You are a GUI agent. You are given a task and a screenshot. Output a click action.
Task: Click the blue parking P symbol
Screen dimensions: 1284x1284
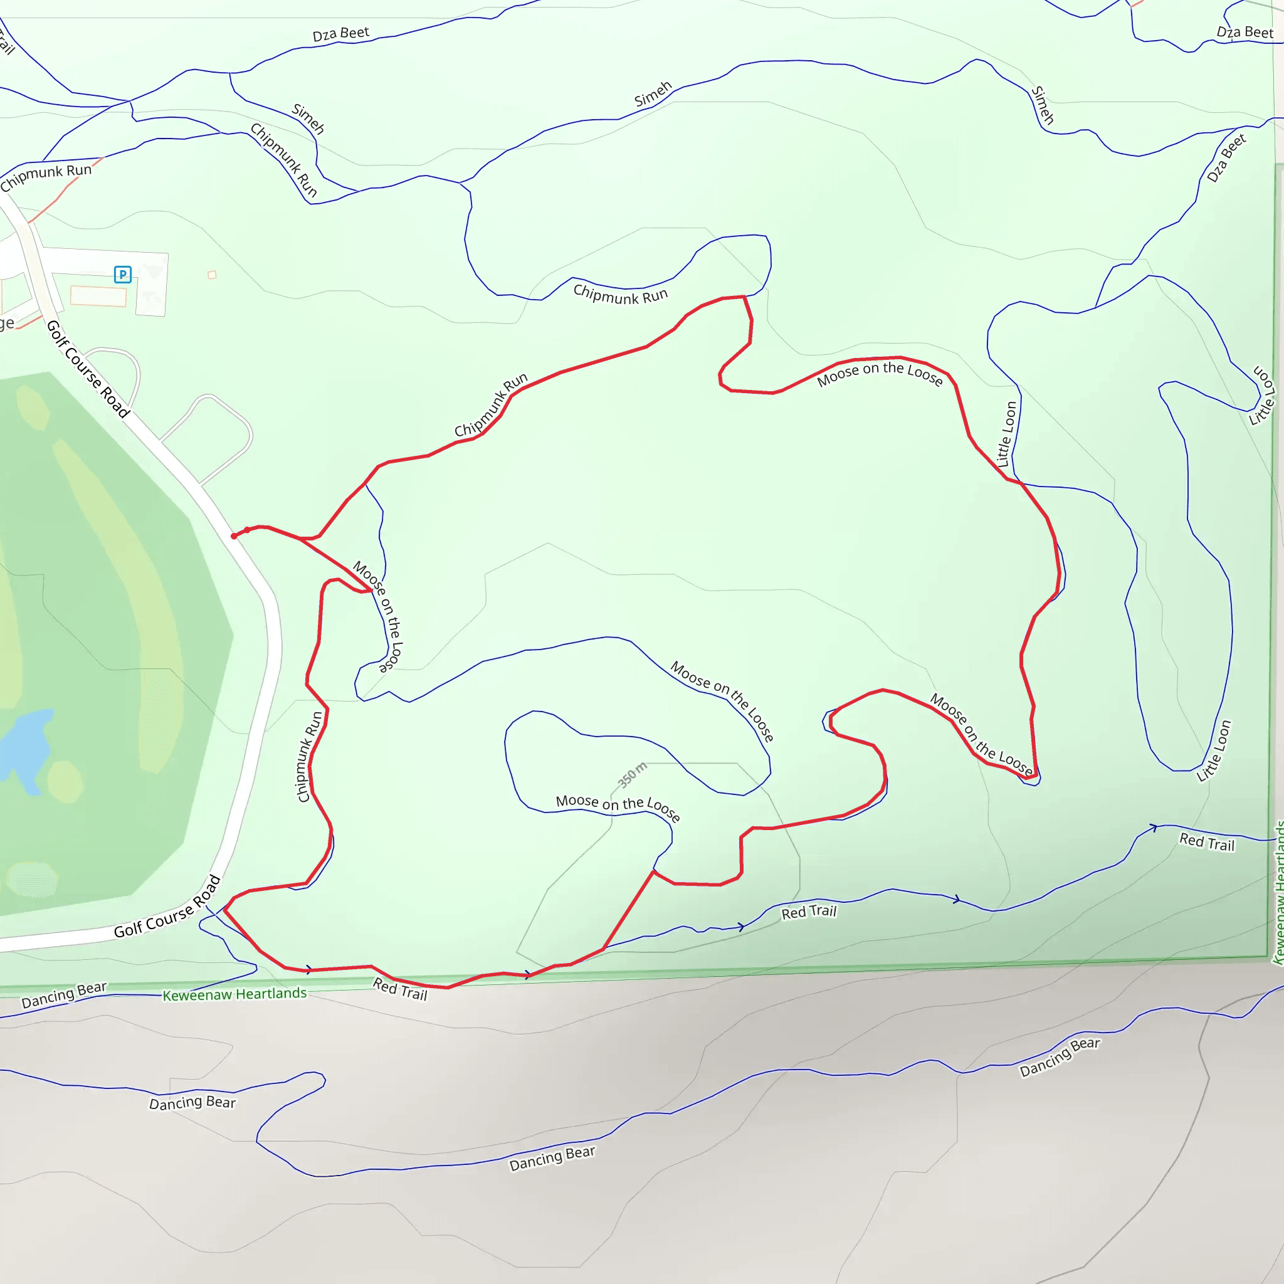tap(123, 274)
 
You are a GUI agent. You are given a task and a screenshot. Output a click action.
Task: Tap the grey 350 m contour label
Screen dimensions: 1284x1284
tap(632, 775)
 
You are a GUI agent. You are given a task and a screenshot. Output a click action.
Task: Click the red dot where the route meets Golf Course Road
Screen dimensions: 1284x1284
tap(233, 536)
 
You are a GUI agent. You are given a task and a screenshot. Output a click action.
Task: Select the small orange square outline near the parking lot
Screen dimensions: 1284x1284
tap(212, 275)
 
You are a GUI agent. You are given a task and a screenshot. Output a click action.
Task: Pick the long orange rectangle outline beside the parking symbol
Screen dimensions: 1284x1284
tap(98, 296)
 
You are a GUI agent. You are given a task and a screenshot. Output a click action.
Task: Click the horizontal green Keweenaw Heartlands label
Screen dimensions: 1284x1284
tap(234, 994)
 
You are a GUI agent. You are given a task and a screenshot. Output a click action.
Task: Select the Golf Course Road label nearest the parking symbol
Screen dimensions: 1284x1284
tap(87, 369)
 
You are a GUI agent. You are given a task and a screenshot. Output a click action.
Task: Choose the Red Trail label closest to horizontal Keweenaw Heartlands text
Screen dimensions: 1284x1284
tap(400, 989)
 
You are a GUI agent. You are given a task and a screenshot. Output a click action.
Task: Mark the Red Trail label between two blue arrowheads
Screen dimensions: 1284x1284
tap(809, 912)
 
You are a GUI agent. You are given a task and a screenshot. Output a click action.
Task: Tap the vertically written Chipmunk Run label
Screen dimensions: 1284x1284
tap(309, 756)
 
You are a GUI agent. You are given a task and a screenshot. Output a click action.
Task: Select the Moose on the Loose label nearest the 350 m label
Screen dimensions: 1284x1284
tap(618, 807)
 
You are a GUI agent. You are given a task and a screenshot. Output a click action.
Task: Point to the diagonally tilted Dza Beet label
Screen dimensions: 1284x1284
tap(1226, 158)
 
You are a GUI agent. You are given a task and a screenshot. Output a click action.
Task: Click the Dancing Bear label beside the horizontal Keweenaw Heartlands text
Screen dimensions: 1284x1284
tap(64, 995)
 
